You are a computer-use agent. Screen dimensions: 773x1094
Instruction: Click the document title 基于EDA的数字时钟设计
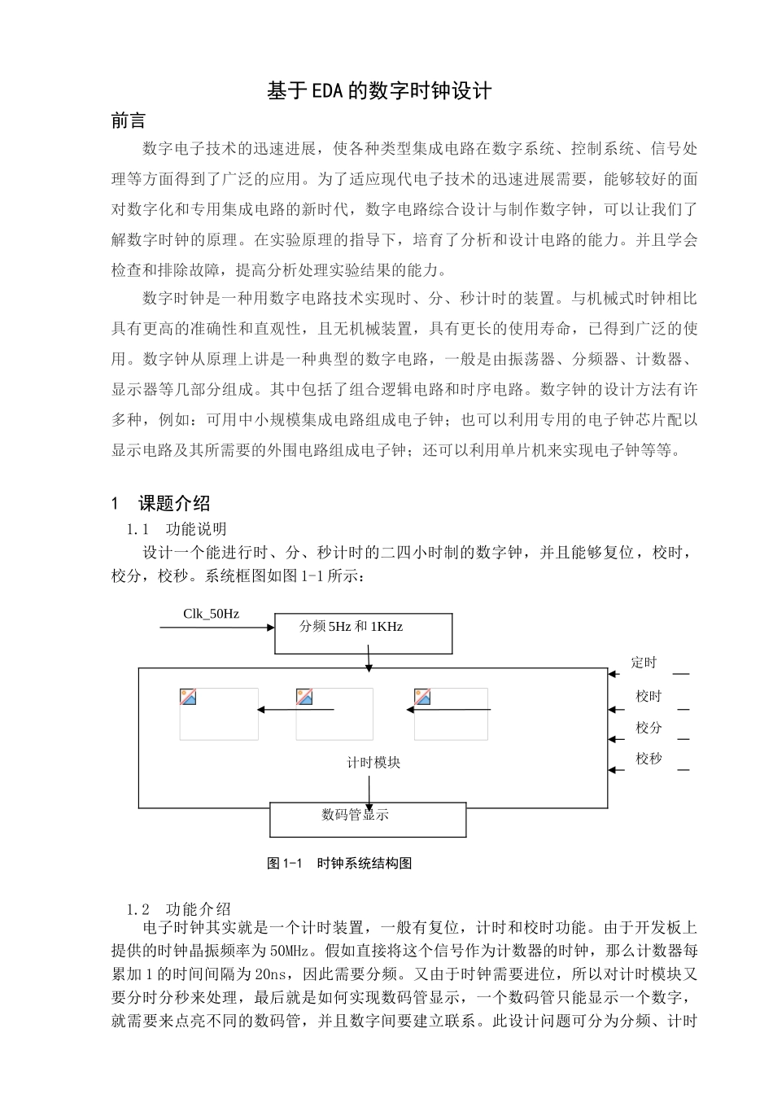379,90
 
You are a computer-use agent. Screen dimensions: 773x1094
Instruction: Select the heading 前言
129,121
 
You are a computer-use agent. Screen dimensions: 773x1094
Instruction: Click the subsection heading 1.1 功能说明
177,530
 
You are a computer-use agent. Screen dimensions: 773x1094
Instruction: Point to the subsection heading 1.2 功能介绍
178,909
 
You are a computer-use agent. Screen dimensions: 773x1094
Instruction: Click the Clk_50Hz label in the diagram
211,614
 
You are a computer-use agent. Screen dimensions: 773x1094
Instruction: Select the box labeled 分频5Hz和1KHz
363,633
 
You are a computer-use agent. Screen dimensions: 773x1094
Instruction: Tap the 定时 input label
644,663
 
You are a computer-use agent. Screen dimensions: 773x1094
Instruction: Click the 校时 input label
649,696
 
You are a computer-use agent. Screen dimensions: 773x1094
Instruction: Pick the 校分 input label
649,728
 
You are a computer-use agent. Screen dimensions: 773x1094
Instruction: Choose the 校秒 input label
649,759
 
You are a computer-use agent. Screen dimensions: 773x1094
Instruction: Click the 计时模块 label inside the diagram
373,763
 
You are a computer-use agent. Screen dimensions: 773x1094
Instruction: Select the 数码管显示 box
368,820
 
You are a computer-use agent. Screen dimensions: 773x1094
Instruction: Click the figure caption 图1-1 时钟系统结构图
339,863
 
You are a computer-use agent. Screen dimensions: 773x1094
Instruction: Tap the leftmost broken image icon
188,697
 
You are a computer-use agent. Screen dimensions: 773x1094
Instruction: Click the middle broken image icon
305,697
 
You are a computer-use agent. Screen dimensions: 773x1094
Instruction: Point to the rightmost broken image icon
422,697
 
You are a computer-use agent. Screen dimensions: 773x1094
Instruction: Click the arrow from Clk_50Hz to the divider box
229,628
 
